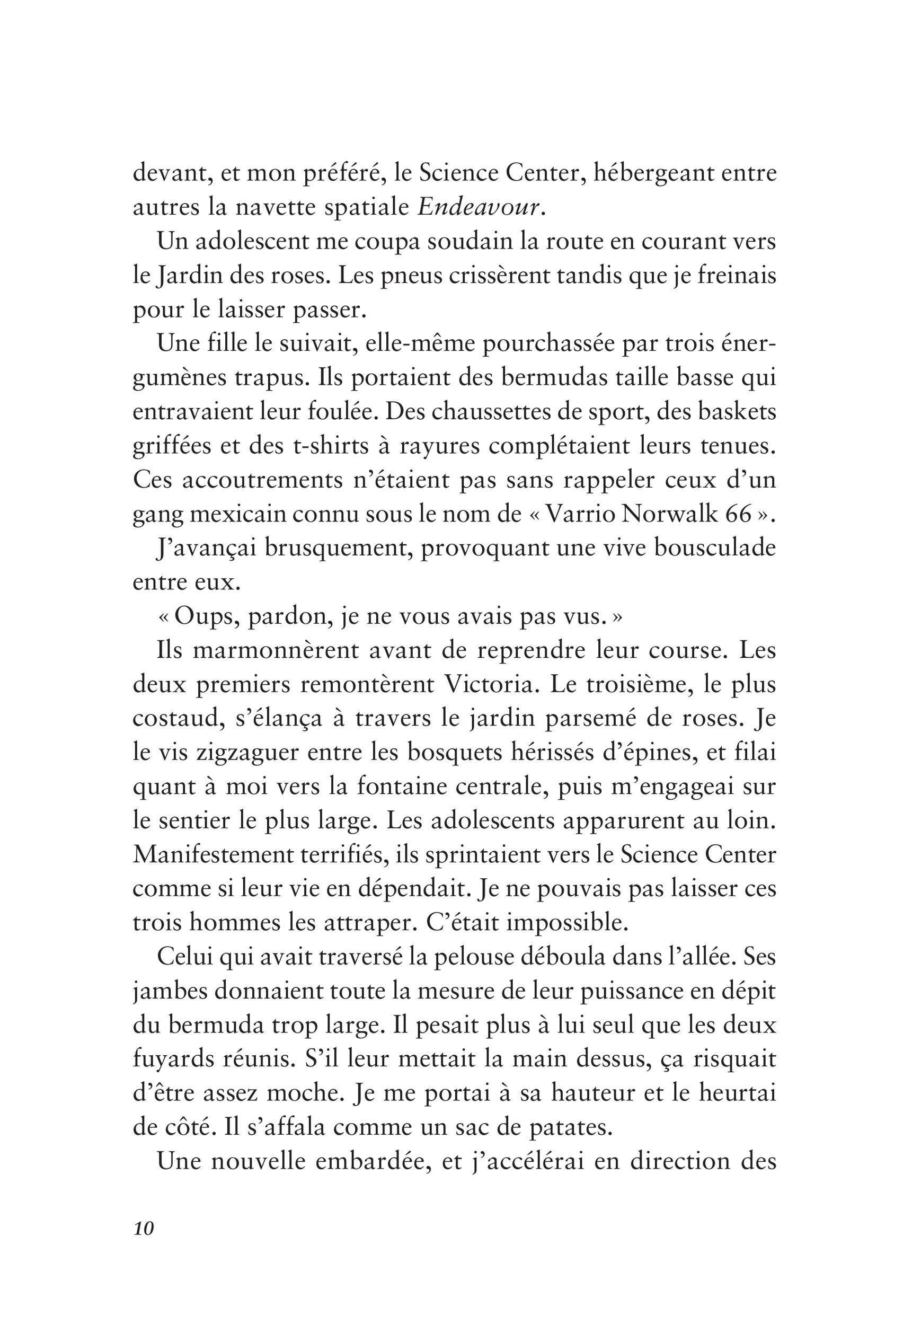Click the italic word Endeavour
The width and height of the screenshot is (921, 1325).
coord(480,207)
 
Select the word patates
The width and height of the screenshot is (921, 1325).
coord(569,1128)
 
